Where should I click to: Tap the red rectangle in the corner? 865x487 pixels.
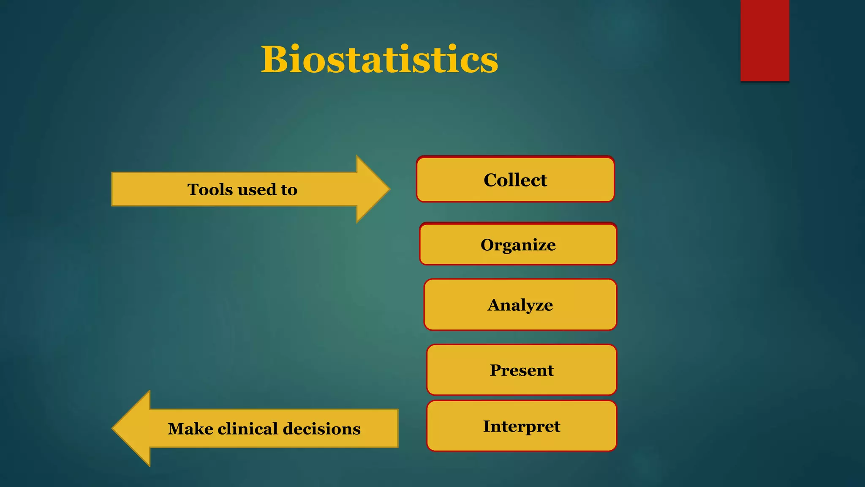764,40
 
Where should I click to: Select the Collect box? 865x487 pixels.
515,180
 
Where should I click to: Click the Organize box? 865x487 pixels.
518,244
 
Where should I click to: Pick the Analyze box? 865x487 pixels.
520,305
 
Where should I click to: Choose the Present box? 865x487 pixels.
521,370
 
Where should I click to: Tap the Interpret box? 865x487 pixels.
521,426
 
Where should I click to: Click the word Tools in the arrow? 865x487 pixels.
210,189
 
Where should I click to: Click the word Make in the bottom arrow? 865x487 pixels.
190,429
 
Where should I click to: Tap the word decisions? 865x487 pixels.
321,429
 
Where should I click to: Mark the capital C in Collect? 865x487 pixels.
491,180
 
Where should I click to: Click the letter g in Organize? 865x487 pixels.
506,246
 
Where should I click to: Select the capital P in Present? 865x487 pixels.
496,370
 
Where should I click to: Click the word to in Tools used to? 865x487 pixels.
289,190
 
